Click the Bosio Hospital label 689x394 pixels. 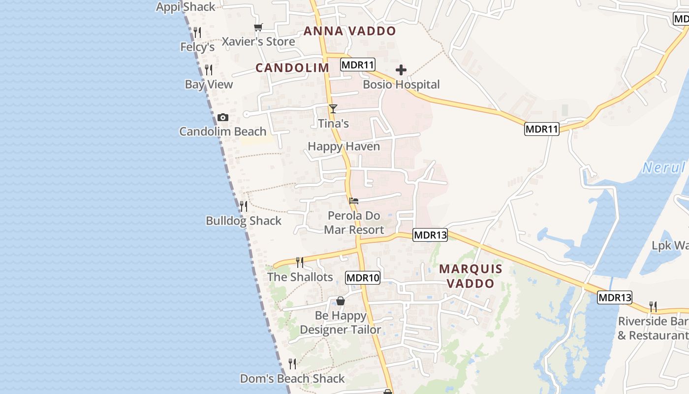401,85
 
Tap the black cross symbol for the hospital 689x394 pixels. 401,70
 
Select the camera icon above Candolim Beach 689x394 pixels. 223,117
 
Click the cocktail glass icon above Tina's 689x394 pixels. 333,108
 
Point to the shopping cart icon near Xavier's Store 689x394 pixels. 258,28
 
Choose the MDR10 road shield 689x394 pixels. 363,278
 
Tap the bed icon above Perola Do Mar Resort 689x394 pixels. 353,201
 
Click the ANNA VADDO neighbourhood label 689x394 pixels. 349,31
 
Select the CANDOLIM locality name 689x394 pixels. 292,68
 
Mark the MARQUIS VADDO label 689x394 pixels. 470,276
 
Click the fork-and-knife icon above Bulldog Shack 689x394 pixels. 243,206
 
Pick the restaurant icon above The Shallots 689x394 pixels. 299,262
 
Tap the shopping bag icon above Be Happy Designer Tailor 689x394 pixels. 340,301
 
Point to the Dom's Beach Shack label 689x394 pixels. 292,379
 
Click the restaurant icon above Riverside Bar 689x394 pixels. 653,307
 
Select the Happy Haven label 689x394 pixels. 344,147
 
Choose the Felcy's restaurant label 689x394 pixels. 197,47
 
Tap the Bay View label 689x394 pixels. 209,85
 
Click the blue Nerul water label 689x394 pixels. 664,168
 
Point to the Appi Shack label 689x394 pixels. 186,7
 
